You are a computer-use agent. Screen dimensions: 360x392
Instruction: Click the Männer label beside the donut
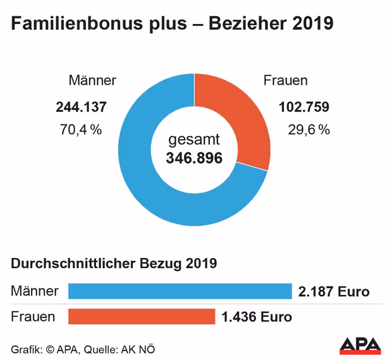[92, 80]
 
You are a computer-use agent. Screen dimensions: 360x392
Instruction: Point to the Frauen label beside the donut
[285, 80]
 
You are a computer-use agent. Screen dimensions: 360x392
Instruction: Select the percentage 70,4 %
[80, 130]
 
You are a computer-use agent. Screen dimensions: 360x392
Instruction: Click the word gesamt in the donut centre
[194, 140]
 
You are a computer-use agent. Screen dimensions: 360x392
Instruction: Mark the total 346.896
[194, 158]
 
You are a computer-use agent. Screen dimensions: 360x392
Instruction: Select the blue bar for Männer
[180, 291]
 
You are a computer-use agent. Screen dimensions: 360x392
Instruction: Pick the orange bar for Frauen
[142, 316]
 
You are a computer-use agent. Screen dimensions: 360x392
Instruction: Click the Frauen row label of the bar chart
[33, 316]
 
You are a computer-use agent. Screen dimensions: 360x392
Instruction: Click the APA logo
[360, 345]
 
